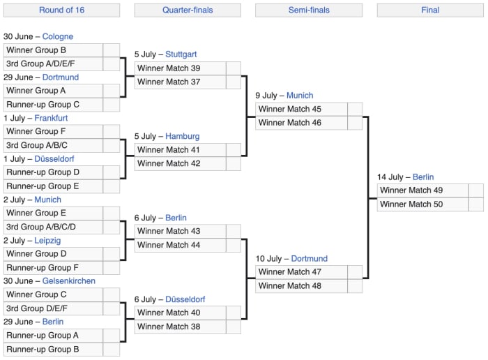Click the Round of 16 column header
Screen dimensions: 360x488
(x=61, y=10)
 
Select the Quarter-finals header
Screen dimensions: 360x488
(x=188, y=10)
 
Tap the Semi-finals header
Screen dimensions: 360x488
(x=308, y=10)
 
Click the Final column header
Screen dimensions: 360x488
(x=430, y=10)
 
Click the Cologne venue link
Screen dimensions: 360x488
(x=57, y=36)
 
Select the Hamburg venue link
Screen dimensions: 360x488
(x=183, y=136)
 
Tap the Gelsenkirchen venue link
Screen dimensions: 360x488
(x=69, y=280)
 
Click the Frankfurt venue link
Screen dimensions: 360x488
(x=51, y=118)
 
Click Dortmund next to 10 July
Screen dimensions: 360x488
(x=309, y=258)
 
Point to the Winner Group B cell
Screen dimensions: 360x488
(x=53, y=50)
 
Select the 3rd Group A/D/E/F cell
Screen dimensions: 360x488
(x=53, y=63)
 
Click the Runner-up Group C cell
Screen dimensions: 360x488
(x=53, y=105)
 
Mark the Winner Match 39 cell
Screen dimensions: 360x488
(x=180, y=68)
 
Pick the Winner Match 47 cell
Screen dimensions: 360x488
(x=301, y=272)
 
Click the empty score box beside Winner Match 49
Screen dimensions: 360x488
(x=475, y=190)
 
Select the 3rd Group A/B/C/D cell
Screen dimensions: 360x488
(x=53, y=227)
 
